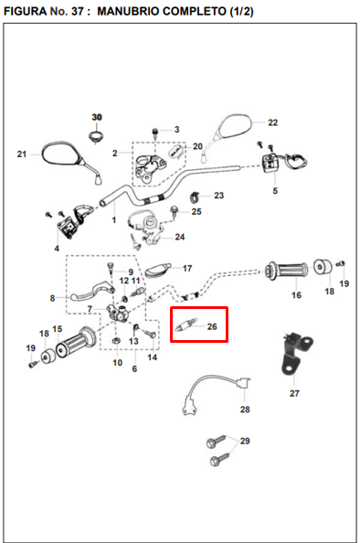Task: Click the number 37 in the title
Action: [x=78, y=12]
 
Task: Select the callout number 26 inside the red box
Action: [x=212, y=326]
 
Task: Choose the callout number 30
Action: [x=97, y=117]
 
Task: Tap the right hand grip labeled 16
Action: [x=286, y=271]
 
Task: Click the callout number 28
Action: [x=245, y=410]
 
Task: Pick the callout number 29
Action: [x=245, y=441]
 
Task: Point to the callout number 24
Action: [x=180, y=237]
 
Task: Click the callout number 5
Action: [x=275, y=191]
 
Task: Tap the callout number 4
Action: [x=57, y=249]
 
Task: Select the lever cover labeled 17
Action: [x=158, y=270]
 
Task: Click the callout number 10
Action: [x=118, y=363]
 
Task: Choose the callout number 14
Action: [x=153, y=357]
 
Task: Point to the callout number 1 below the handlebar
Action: [x=114, y=220]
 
